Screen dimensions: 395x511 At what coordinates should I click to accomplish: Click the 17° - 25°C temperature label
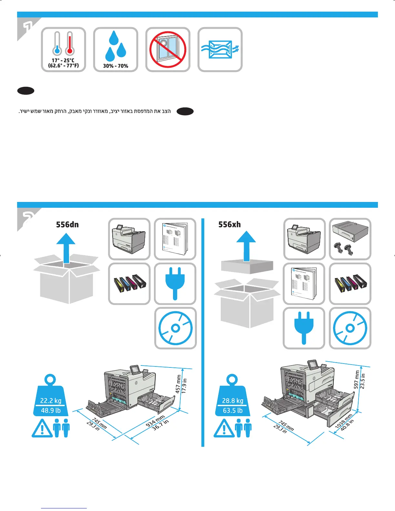(x=63, y=60)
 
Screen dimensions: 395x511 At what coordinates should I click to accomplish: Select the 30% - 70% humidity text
(x=116, y=66)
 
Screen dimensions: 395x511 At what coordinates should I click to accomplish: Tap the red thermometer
(x=70, y=43)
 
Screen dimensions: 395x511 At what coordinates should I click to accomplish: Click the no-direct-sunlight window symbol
(x=168, y=49)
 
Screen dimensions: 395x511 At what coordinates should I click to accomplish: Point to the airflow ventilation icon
(x=220, y=49)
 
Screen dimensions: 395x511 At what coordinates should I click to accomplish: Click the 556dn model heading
(x=67, y=225)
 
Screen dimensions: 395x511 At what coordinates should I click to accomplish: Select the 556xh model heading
(x=229, y=225)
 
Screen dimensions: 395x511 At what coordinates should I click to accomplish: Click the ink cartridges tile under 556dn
(x=129, y=284)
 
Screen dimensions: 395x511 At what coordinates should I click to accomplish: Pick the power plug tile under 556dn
(x=175, y=284)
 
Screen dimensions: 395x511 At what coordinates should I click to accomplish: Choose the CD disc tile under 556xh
(x=350, y=328)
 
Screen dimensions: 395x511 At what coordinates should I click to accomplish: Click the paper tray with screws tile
(x=350, y=239)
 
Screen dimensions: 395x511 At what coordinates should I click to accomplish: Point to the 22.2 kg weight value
(x=51, y=401)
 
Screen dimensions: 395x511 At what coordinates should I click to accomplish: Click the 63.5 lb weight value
(x=232, y=411)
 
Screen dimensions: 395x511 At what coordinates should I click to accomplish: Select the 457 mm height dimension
(x=178, y=384)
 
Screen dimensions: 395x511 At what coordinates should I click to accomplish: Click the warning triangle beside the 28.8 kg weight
(x=224, y=428)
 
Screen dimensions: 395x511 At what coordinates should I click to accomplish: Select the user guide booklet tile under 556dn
(x=175, y=239)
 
